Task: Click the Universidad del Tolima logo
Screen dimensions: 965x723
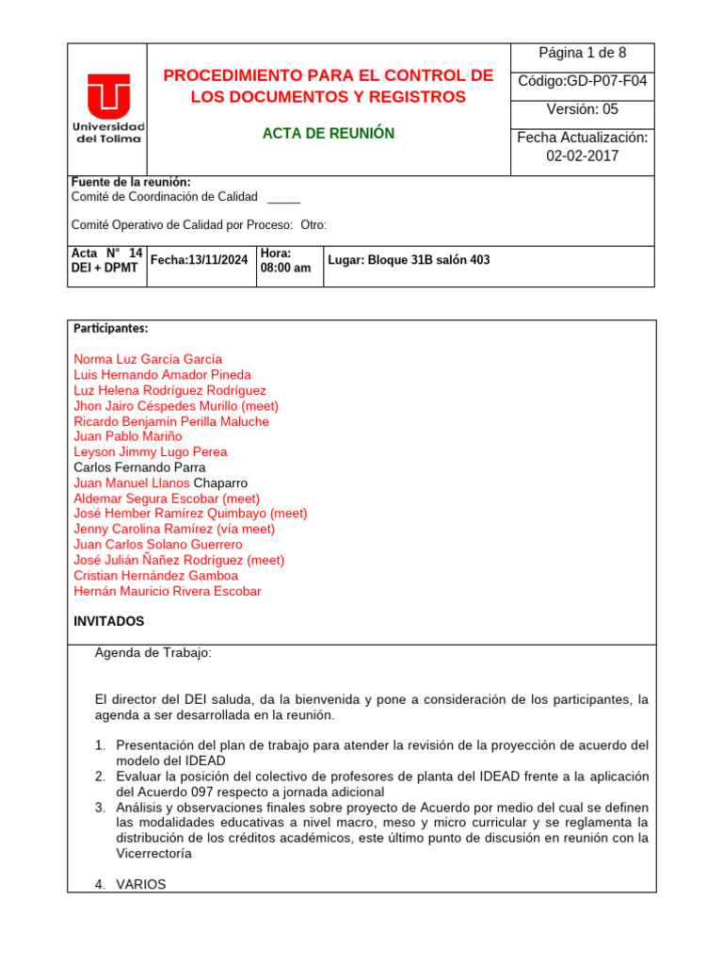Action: pyautogui.click(x=108, y=107)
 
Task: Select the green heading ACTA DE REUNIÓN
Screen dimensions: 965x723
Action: pyautogui.click(x=328, y=134)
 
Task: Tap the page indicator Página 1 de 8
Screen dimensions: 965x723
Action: pyautogui.click(x=582, y=53)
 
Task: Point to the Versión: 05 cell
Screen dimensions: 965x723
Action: pyautogui.click(x=582, y=109)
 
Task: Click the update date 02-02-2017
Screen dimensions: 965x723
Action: pyautogui.click(x=582, y=156)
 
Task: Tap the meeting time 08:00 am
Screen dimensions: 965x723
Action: pyautogui.click(x=285, y=269)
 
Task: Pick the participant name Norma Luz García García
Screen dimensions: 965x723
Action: pyautogui.click(x=148, y=359)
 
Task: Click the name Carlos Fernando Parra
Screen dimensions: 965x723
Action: pyautogui.click(x=139, y=467)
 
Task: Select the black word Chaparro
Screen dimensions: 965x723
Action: pyautogui.click(x=220, y=482)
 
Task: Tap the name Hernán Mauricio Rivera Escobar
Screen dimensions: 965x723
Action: pyautogui.click(x=168, y=591)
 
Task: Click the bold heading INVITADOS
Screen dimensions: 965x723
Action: pyautogui.click(x=109, y=622)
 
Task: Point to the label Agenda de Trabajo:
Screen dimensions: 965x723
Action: pyautogui.click(x=153, y=653)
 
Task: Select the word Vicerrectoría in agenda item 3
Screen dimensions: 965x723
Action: pyautogui.click(x=153, y=854)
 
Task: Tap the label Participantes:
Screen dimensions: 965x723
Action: pyautogui.click(x=111, y=329)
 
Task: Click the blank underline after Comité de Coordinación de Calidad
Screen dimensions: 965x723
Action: pyautogui.click(x=284, y=197)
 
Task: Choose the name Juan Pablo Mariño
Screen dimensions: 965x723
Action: pyautogui.click(x=128, y=436)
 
